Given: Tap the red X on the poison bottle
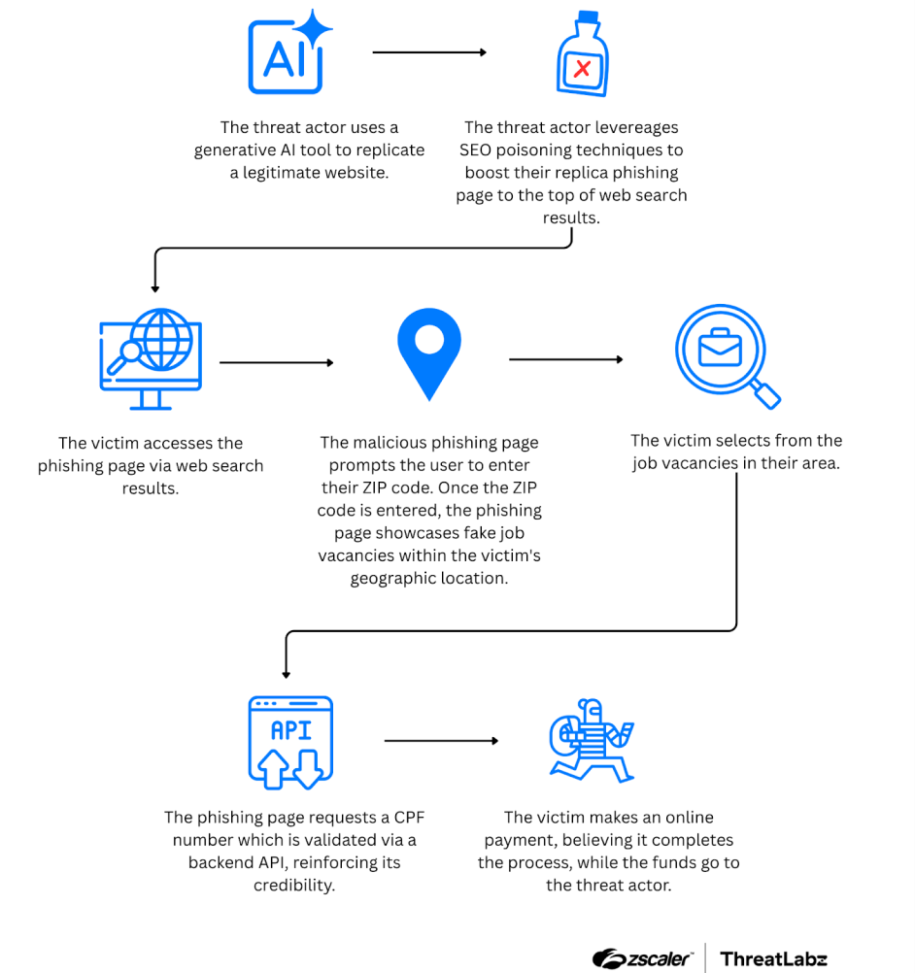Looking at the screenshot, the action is point(582,68).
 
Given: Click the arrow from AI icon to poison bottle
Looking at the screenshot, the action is point(429,52).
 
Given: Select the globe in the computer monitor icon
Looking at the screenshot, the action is point(162,340).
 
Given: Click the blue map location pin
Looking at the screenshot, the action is point(429,353).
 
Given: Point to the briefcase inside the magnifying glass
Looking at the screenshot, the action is point(720,348).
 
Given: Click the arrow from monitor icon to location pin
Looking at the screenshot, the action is point(277,362).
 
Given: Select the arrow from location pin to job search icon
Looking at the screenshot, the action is point(566,359).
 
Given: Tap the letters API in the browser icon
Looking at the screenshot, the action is point(291,730).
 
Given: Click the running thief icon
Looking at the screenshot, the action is point(592,740).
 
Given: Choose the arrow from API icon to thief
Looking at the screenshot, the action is point(441,741).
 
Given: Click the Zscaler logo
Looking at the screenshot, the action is point(642,958).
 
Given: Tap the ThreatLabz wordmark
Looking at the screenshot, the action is point(773,959).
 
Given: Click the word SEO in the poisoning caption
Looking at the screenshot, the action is point(475,151).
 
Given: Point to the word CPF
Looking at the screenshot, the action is point(409,818).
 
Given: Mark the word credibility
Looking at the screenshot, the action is point(294,886).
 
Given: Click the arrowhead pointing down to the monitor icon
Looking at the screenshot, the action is point(155,289).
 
